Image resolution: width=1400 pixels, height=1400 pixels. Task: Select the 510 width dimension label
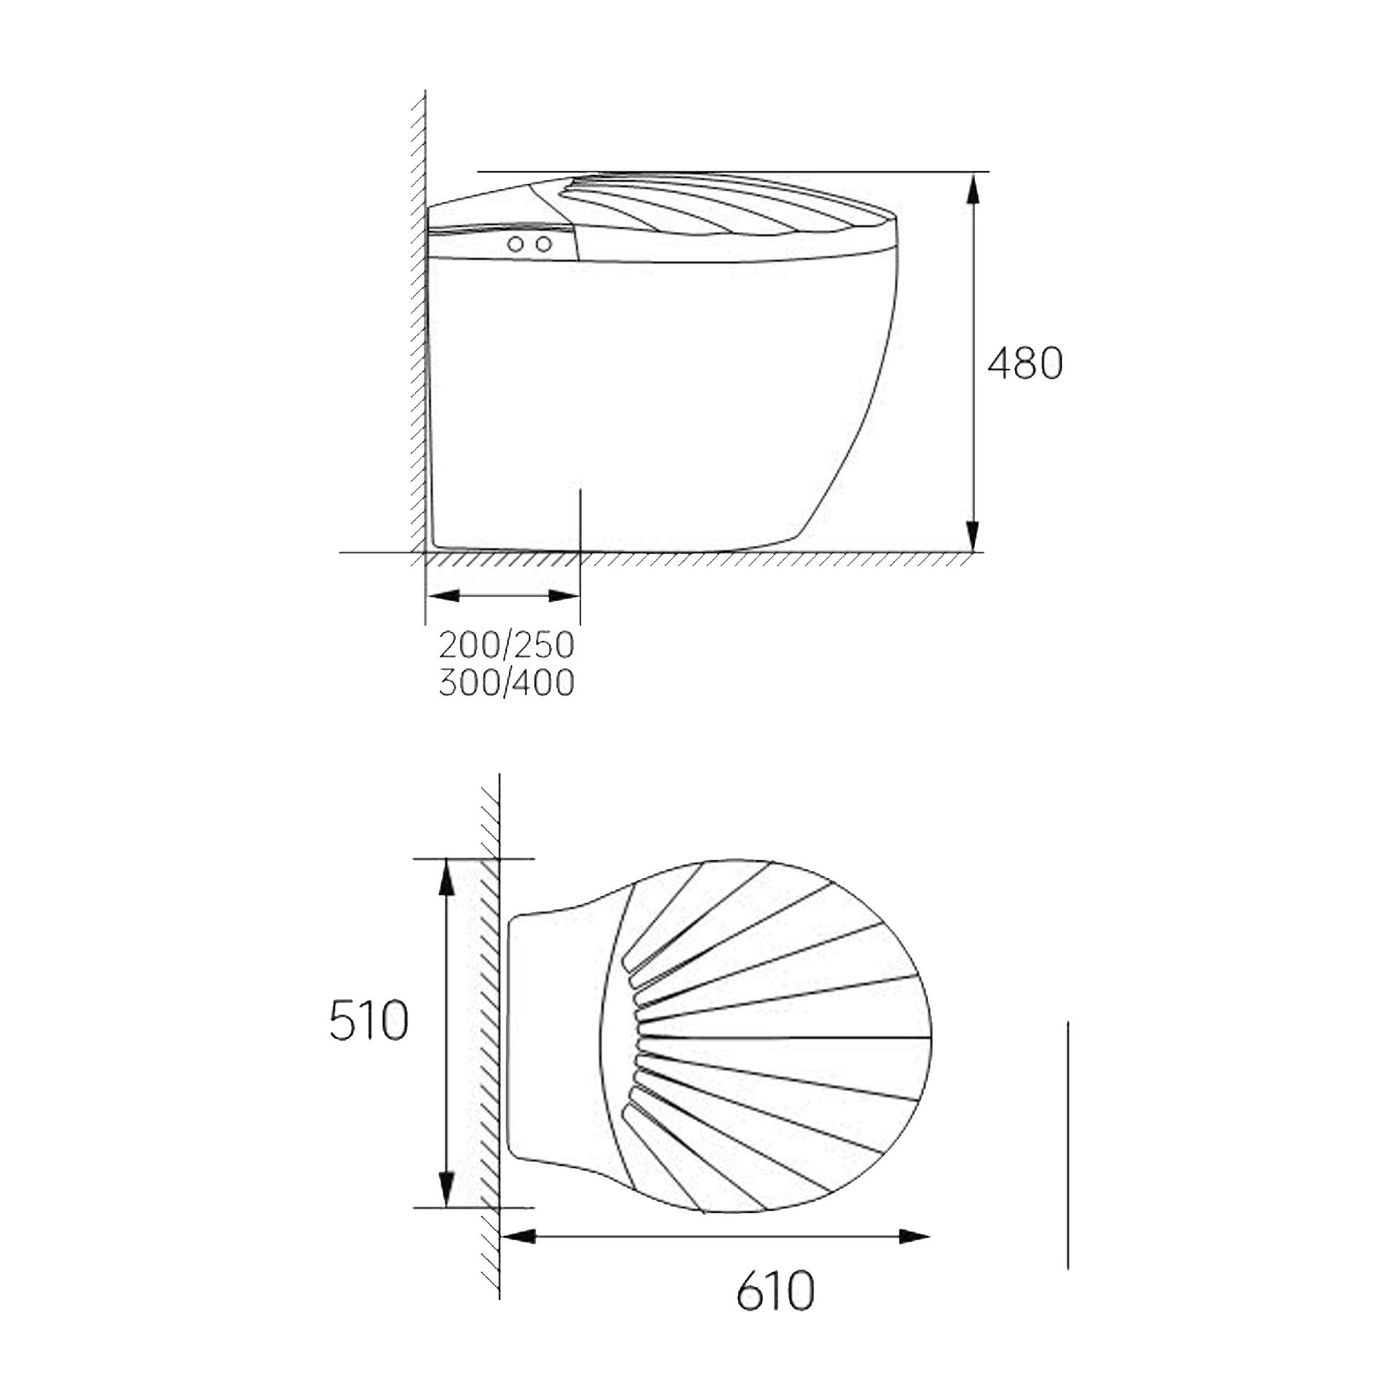point(368,1021)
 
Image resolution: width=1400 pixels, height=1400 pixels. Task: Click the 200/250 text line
point(507,645)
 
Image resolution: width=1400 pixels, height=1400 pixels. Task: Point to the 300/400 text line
point(507,683)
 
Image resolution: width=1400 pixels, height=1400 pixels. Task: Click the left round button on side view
point(516,244)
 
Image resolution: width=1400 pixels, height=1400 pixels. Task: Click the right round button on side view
point(543,244)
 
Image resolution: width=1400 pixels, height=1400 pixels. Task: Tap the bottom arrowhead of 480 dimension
point(973,537)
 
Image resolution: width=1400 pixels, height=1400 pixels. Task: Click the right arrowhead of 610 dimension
point(914,1236)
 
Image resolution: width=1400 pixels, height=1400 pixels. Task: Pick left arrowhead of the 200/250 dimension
point(443,596)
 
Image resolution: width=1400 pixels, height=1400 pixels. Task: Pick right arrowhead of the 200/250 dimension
point(564,596)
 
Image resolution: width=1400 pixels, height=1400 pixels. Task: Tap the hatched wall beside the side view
point(419,328)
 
